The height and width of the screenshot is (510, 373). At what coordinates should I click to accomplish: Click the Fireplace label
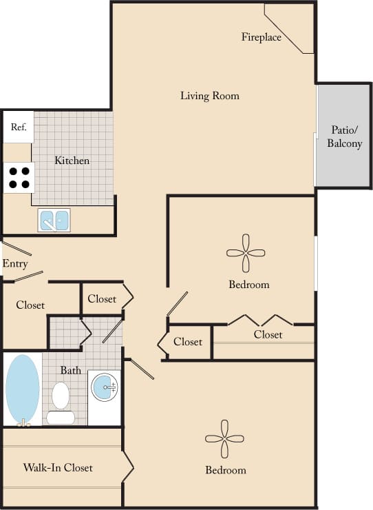pyautogui.click(x=261, y=37)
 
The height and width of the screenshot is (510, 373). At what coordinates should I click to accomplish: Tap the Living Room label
pyautogui.click(x=210, y=96)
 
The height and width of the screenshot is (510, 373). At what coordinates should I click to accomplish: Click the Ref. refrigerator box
pyautogui.click(x=18, y=127)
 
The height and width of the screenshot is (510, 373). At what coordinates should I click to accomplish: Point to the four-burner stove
pyautogui.click(x=19, y=178)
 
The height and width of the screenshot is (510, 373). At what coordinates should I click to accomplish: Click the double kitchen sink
pyautogui.click(x=54, y=220)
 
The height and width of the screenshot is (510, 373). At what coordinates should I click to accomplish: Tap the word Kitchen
pyautogui.click(x=72, y=161)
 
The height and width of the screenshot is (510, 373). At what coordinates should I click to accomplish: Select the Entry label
pyautogui.click(x=15, y=264)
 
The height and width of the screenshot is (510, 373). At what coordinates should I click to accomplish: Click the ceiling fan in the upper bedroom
pyautogui.click(x=246, y=254)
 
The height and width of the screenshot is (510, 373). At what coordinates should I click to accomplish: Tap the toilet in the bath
pyautogui.click(x=61, y=402)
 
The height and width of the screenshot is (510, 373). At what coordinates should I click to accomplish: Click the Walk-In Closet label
pyautogui.click(x=58, y=468)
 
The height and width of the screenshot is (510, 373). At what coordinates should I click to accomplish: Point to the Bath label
pyautogui.click(x=70, y=370)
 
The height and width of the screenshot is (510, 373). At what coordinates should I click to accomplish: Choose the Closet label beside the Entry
pyautogui.click(x=30, y=305)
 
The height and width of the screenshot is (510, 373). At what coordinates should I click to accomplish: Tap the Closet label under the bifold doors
pyautogui.click(x=268, y=335)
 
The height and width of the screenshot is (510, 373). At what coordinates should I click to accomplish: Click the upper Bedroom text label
pyautogui.click(x=248, y=284)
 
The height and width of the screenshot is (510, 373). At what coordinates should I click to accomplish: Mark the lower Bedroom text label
pyautogui.click(x=225, y=470)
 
